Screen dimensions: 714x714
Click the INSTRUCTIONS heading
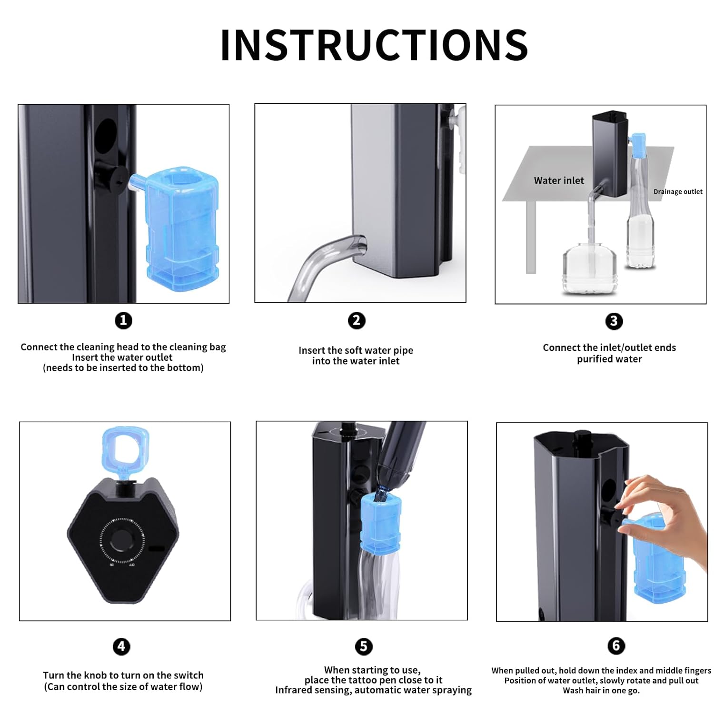point(374,45)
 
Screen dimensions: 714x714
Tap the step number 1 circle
point(123,320)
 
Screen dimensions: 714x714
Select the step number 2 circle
point(357,320)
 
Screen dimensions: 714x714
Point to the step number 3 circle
point(614,321)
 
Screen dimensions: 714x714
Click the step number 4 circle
point(121,646)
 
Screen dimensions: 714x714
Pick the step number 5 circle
point(364,646)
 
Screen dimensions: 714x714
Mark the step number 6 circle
point(616,645)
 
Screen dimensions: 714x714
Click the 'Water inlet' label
point(559,180)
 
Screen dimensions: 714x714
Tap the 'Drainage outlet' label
point(678,192)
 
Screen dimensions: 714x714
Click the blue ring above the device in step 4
point(126,447)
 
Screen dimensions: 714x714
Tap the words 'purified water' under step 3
point(609,359)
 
